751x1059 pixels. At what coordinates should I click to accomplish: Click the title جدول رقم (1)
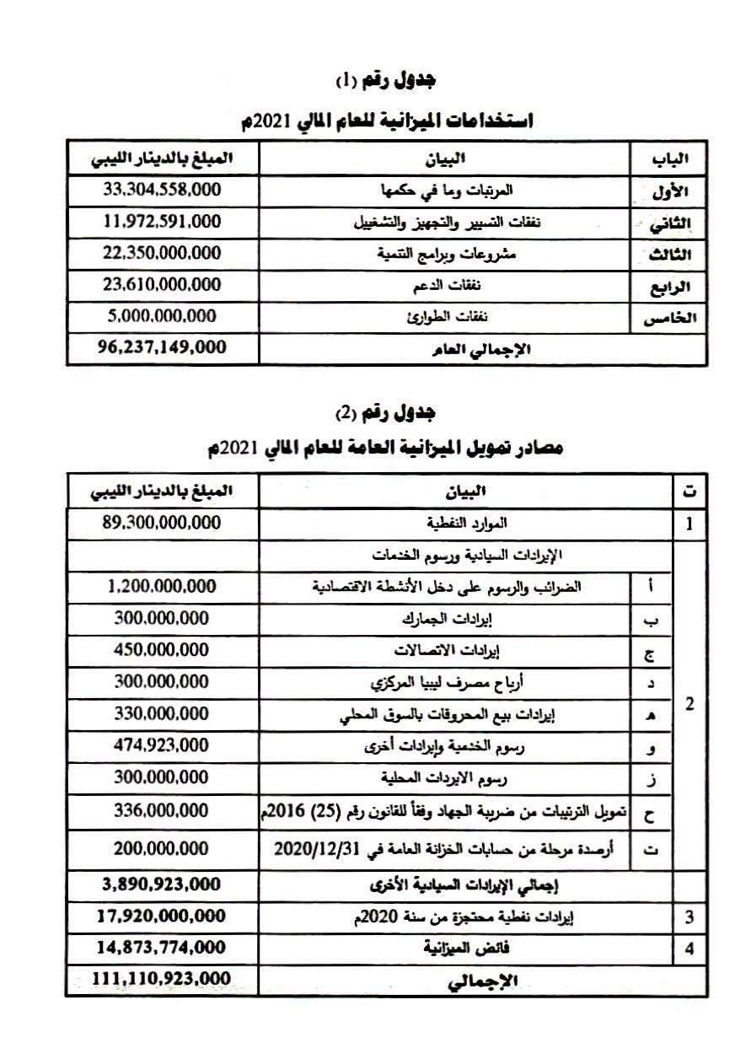pos(386,81)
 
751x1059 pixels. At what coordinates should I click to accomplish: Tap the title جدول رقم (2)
pos(386,413)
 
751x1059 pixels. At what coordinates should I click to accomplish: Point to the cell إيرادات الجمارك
pos(447,619)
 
